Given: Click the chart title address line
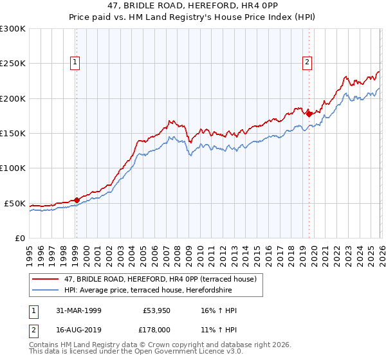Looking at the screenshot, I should [193, 6].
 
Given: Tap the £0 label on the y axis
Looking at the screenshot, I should [19, 238].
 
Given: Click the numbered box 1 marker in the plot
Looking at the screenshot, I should [76, 62].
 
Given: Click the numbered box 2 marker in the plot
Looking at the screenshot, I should [307, 62].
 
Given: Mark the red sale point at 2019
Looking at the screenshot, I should [309, 114].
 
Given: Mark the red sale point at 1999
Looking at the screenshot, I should [77, 200].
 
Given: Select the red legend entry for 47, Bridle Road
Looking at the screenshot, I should [160, 279].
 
